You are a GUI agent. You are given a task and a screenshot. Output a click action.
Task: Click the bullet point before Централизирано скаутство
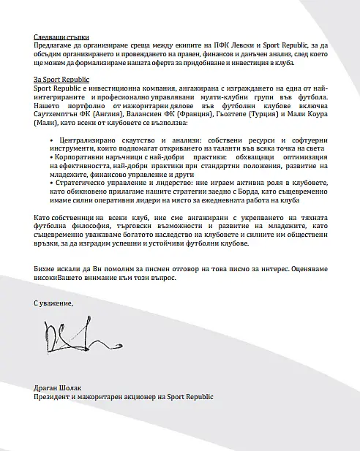coord(49,137)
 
